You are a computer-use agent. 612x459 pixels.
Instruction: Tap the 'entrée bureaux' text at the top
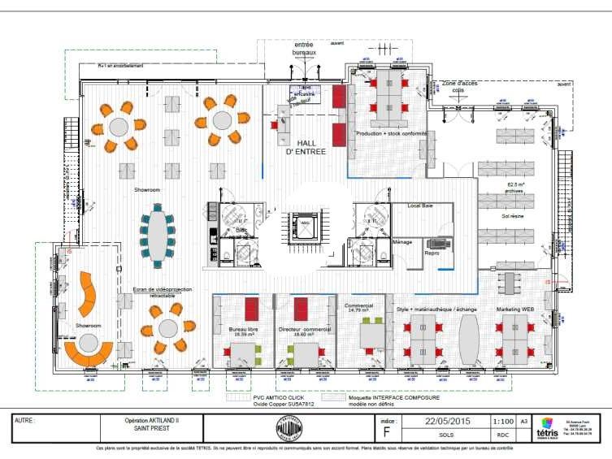304,49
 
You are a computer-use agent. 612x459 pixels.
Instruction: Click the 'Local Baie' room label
420,206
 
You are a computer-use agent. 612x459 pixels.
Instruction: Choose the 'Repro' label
432,253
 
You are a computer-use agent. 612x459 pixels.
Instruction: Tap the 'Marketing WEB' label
514,309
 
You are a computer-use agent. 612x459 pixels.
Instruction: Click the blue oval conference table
156,236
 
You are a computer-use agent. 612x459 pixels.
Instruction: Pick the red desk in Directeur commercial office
301,310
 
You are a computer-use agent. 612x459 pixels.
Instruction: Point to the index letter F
385,433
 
